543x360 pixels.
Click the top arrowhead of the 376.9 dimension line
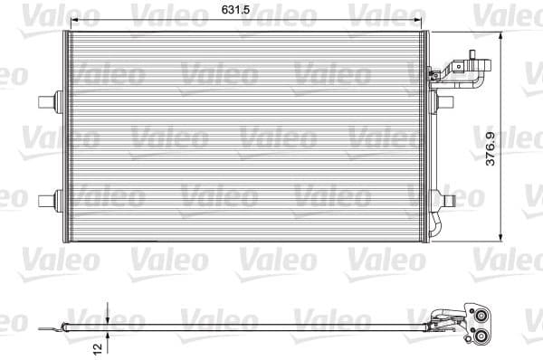coord(502,35)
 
